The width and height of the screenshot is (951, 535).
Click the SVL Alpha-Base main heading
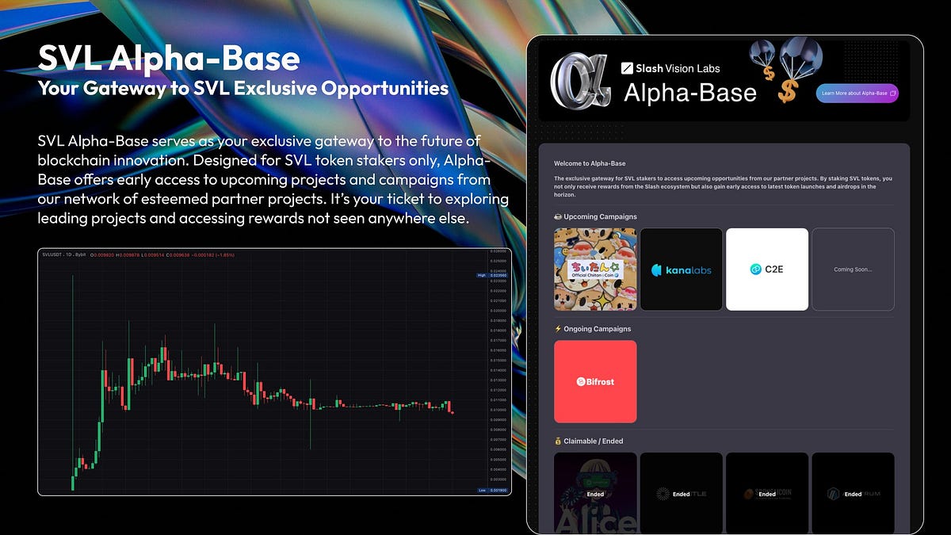[x=169, y=59]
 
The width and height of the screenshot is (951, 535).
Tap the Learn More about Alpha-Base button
[x=857, y=94]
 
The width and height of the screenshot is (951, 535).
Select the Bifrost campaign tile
[x=595, y=381]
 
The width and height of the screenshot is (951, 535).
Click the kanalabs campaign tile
[x=681, y=269]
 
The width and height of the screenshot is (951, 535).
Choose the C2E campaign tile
[x=766, y=269]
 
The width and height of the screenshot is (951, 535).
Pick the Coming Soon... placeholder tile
[x=853, y=269]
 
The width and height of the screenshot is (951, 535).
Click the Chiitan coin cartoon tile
[x=595, y=269]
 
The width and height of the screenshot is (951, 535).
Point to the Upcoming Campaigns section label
[x=595, y=216]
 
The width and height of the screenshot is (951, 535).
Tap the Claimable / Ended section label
[x=592, y=441]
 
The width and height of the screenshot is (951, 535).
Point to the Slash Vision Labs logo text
[x=670, y=68]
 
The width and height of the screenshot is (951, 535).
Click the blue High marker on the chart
[x=481, y=275]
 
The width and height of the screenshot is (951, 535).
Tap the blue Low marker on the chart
[x=481, y=490]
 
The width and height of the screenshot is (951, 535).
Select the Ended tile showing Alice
[x=595, y=493]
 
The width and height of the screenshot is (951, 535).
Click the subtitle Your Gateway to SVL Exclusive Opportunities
[x=243, y=88]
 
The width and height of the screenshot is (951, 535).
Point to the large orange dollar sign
[x=786, y=92]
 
